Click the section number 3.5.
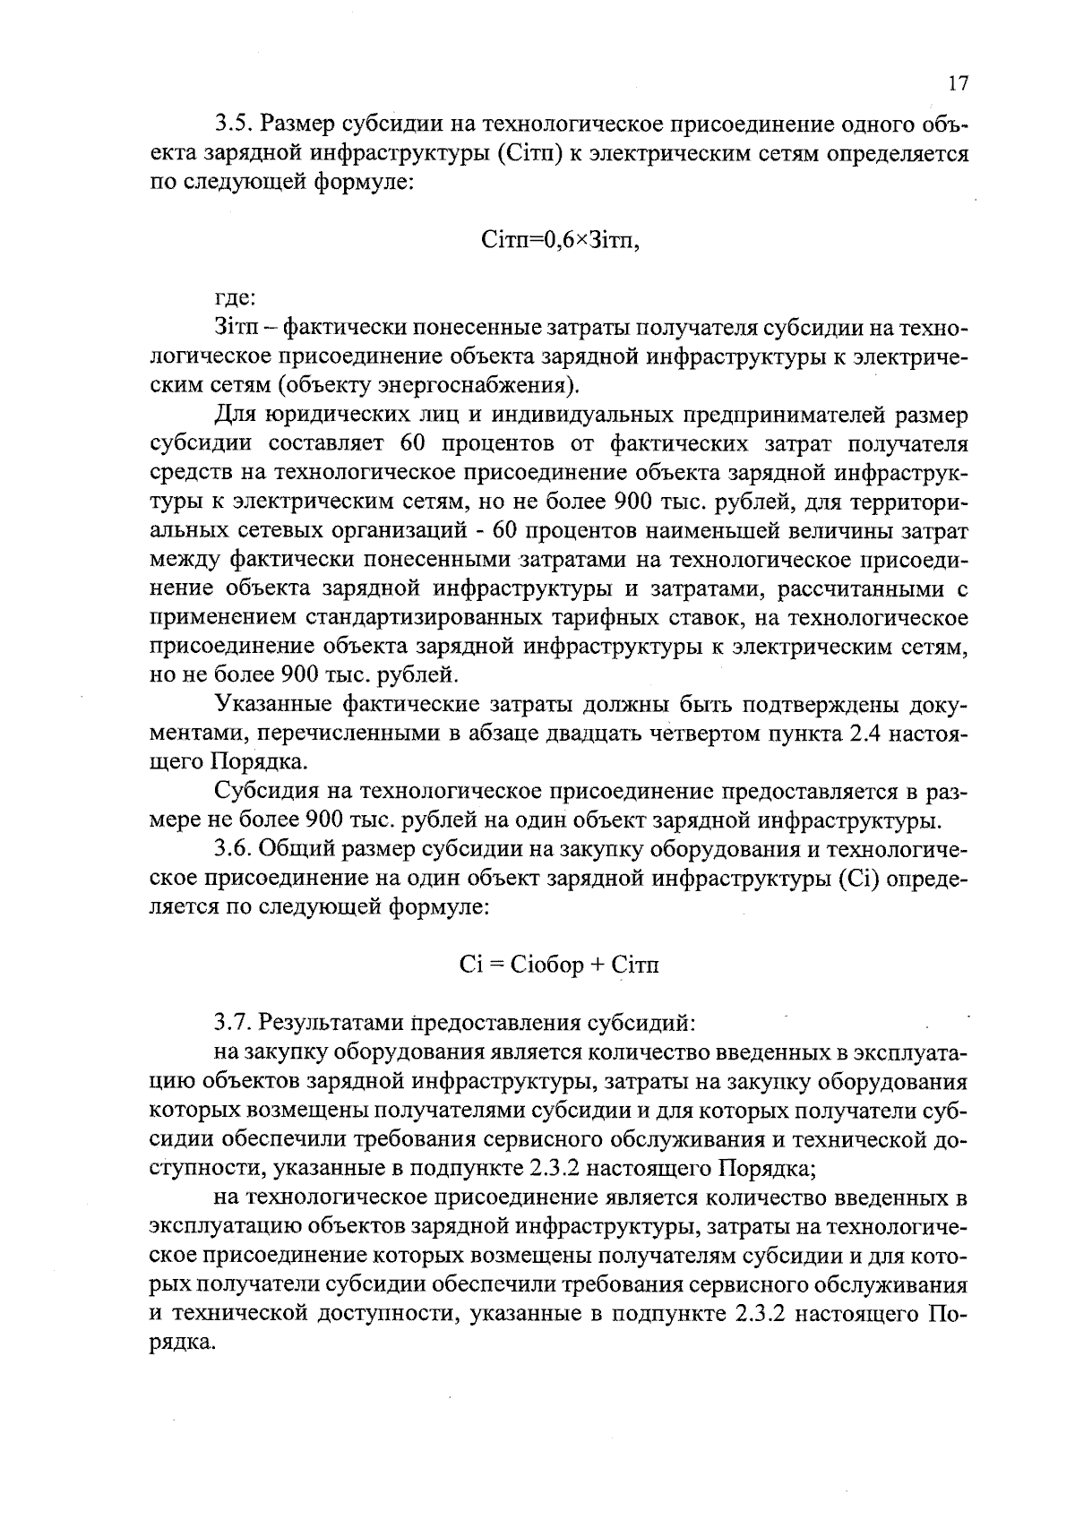click(234, 125)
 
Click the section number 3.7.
click(234, 1022)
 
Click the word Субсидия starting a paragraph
click(266, 793)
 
